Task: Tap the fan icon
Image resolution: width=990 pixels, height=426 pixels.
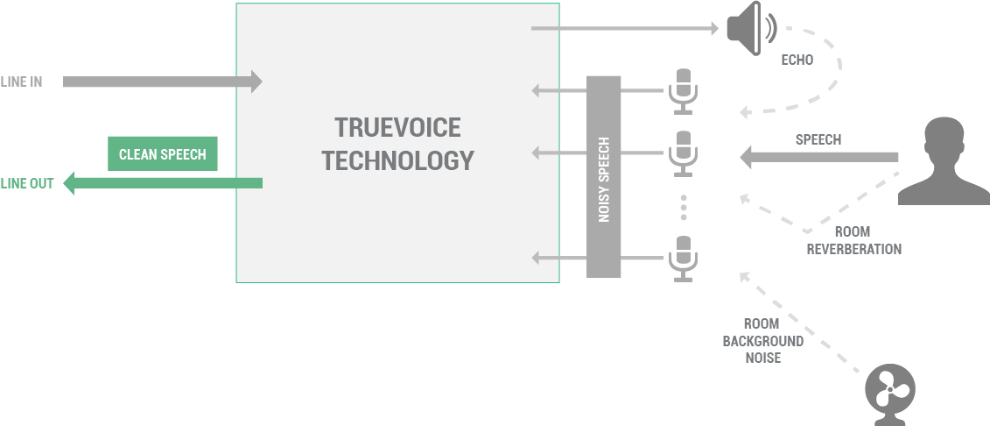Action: click(889, 389)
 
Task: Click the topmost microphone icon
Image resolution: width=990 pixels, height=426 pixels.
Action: click(683, 90)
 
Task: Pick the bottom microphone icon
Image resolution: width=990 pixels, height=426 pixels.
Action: click(683, 258)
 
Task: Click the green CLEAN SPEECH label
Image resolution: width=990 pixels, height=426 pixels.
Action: click(162, 154)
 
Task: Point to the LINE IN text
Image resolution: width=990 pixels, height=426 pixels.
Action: click(21, 82)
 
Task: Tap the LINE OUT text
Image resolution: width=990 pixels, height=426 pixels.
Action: click(26, 184)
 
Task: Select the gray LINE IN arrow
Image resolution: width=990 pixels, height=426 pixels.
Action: click(163, 82)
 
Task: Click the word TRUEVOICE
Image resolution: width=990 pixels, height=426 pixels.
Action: click(397, 128)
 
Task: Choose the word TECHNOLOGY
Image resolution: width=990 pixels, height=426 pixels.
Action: click(397, 161)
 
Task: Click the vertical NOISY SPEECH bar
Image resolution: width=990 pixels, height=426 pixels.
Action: click(603, 177)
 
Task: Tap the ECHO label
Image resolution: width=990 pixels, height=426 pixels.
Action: click(797, 60)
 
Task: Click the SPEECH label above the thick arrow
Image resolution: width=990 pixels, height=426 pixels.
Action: click(818, 139)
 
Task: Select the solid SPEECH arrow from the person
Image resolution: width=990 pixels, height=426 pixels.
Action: click(818, 158)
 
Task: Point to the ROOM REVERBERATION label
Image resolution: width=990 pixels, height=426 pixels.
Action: click(853, 241)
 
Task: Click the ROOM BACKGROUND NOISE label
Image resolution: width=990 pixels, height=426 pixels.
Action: click(762, 340)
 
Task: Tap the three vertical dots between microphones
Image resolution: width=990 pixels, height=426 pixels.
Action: click(684, 207)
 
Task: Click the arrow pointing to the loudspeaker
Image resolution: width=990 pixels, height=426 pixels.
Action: click(625, 29)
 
